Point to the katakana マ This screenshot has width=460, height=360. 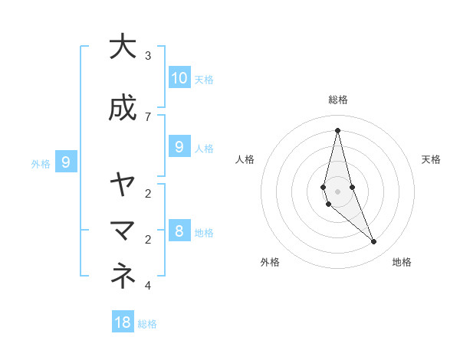pos(123,229)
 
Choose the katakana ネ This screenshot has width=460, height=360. pos(123,277)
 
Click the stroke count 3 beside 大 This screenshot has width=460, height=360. pos(148,56)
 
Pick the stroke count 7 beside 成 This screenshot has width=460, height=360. pos(148,116)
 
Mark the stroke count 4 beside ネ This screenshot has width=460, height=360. pos(148,286)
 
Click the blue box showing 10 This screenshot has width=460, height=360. pos(179,77)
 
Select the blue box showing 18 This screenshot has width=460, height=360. pos(123,322)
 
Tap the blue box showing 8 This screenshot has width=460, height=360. pos(179,231)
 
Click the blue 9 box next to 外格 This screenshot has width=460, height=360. pos(67,162)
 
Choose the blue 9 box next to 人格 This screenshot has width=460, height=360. pos(179,146)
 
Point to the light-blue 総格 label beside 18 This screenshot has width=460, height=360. pos(147,324)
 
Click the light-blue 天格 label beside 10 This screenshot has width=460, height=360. pos(204,79)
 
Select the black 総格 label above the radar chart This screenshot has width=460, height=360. pos(337,100)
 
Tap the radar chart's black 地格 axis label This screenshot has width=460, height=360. pos(402,262)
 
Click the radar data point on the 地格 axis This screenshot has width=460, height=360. pos(374,241)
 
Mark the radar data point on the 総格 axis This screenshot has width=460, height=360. pos(337,129)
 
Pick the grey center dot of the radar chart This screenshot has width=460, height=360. pos(337,191)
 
